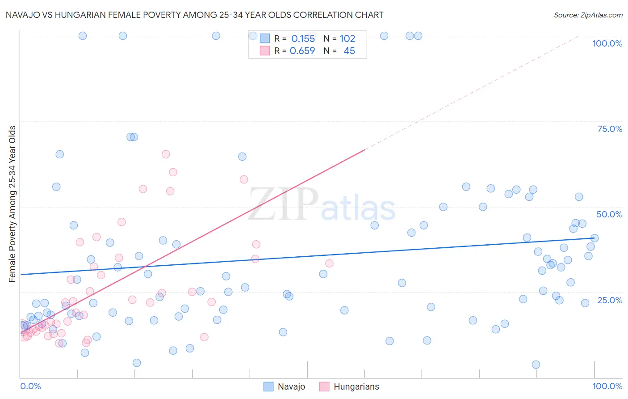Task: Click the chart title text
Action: tap(194, 15)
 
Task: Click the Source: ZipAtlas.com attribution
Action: tap(588, 15)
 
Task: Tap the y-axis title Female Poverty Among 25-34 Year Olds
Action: tap(13, 204)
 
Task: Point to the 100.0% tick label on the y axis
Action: tap(607, 43)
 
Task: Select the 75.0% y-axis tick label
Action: tap(610, 129)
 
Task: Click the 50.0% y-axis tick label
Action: tap(609, 214)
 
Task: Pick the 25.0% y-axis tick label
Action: tap(610, 300)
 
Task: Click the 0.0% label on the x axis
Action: tap(30, 386)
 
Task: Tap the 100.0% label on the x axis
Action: tap(607, 386)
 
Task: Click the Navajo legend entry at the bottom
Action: tap(285, 386)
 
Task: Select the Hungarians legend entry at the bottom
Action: tap(349, 386)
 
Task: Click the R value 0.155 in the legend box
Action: tap(303, 39)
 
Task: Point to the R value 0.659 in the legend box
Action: tap(302, 51)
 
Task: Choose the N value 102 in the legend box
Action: tap(347, 39)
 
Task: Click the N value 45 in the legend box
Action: tap(349, 51)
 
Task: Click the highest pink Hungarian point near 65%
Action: tap(166, 154)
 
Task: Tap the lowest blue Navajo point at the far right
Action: tap(536, 365)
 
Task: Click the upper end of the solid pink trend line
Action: tap(365, 150)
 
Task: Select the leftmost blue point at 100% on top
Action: tap(83, 36)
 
